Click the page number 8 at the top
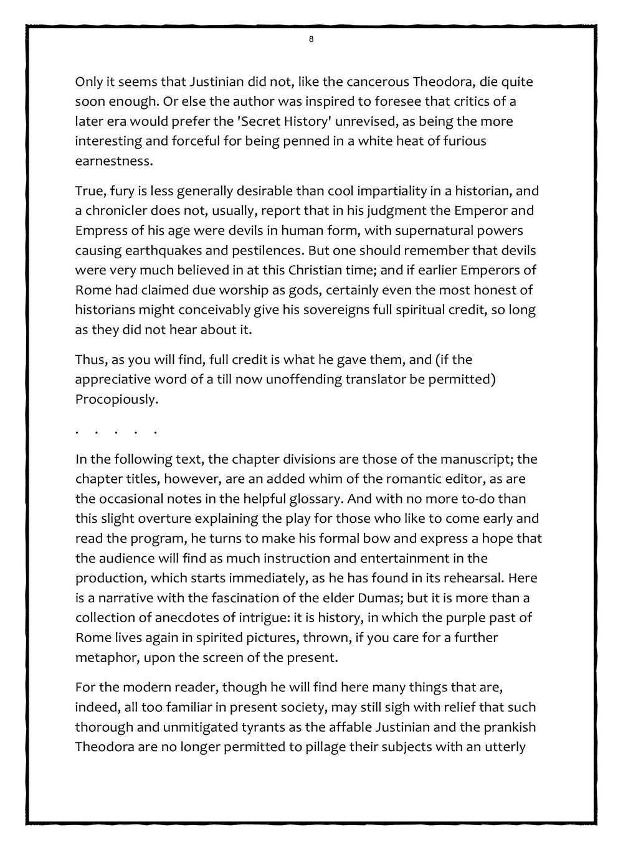[x=311, y=40]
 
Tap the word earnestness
[x=113, y=161]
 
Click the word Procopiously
[x=117, y=399]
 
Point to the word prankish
[x=507, y=727]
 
